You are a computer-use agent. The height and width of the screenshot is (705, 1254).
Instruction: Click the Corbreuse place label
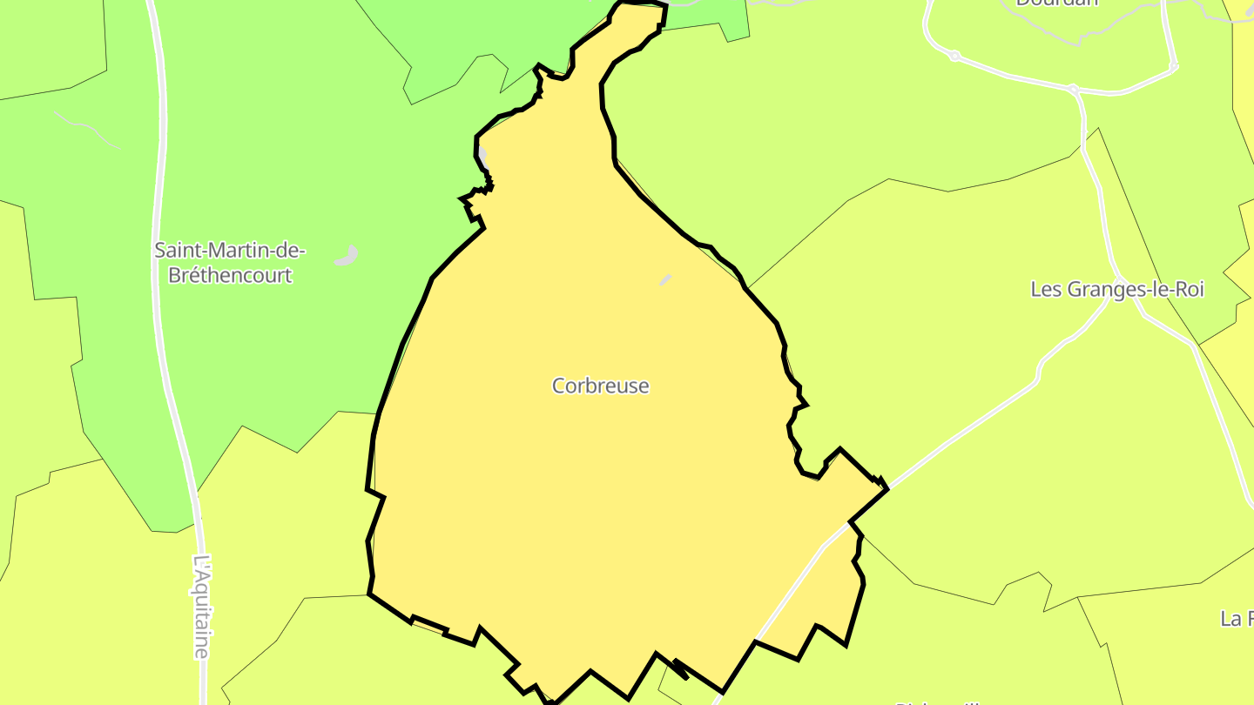(601, 386)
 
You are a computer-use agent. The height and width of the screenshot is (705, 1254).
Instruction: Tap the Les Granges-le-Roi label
(1116, 290)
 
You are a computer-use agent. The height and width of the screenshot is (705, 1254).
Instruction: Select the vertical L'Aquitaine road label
(202, 607)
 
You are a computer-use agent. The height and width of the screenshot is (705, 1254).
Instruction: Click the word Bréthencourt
(223, 276)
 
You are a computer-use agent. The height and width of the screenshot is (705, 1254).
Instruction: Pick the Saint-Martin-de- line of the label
(230, 251)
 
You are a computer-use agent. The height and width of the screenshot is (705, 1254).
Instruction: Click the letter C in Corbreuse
(559, 386)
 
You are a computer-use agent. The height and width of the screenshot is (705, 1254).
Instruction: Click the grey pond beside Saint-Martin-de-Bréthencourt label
(347, 256)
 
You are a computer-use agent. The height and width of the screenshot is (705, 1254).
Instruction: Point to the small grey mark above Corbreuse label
(666, 279)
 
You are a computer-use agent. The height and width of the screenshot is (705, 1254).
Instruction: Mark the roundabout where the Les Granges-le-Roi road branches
(1073, 89)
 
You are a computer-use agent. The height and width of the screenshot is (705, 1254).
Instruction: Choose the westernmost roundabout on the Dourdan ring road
(954, 56)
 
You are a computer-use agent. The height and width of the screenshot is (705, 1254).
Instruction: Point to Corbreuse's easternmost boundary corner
(887, 489)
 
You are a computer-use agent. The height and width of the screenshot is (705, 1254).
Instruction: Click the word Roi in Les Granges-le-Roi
(1189, 290)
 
